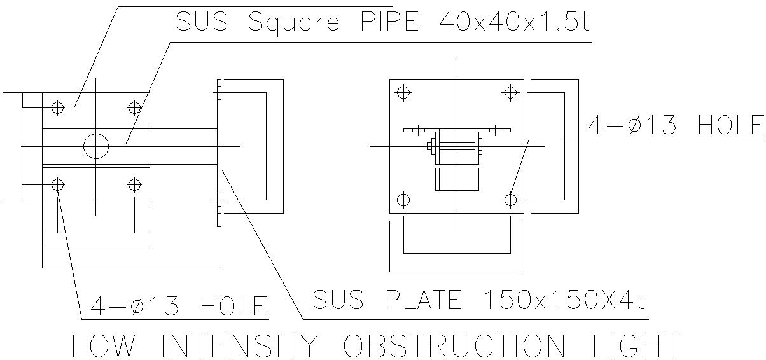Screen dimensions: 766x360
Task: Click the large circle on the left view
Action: click(x=96, y=147)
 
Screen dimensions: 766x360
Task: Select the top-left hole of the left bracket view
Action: click(x=58, y=107)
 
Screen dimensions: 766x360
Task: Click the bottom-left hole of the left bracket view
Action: click(x=58, y=185)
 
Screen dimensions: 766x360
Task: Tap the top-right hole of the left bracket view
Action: click(x=134, y=107)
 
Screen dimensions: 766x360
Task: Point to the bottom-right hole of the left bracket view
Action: click(x=134, y=185)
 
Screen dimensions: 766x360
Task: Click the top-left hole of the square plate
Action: click(x=402, y=92)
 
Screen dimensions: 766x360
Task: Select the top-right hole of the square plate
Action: click(x=510, y=92)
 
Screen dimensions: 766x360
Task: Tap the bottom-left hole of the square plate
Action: click(x=402, y=200)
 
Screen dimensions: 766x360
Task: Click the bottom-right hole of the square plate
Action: click(x=510, y=200)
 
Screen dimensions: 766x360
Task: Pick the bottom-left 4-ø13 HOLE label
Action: click(x=178, y=306)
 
